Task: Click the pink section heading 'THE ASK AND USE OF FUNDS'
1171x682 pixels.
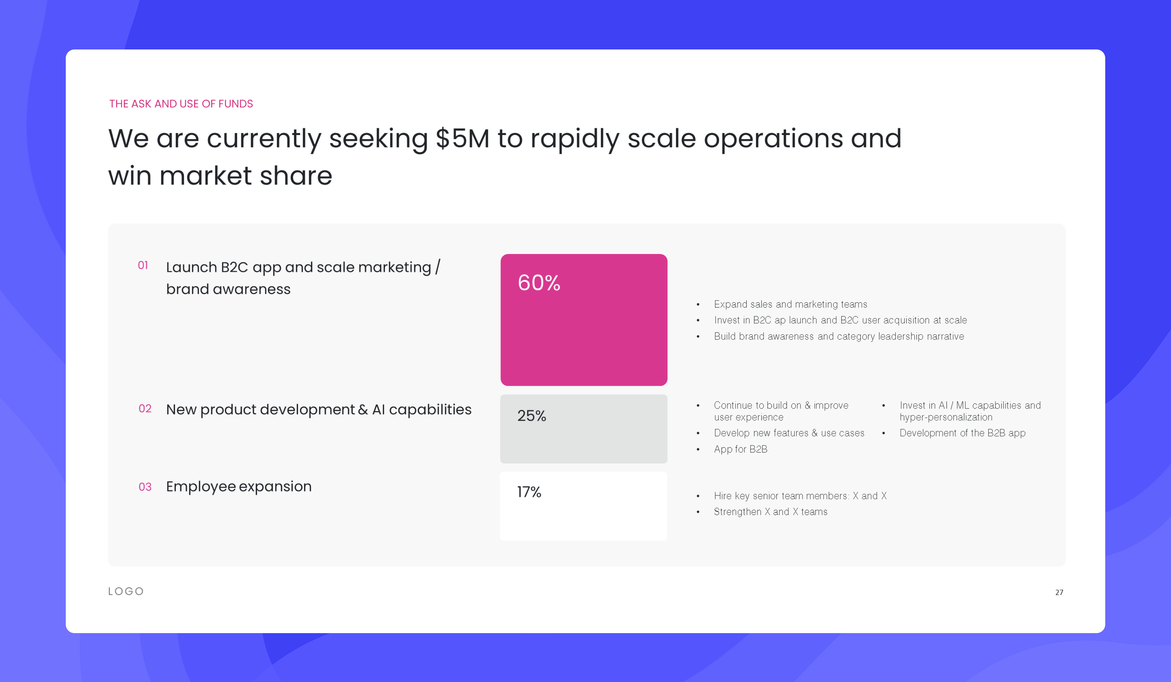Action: click(181, 104)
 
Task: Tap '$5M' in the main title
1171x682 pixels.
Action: click(462, 138)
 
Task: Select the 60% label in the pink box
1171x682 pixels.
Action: click(539, 283)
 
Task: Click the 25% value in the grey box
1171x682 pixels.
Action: click(532, 416)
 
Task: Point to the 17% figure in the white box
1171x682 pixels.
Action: click(529, 492)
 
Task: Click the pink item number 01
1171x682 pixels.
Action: click(143, 265)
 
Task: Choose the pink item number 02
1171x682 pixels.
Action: click(145, 409)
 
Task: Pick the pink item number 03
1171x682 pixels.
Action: click(145, 487)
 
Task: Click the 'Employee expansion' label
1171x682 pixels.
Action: click(239, 487)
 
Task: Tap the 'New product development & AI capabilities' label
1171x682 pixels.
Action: click(319, 409)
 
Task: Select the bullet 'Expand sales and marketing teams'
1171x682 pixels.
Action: click(790, 304)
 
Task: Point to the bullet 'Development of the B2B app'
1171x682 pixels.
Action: click(962, 433)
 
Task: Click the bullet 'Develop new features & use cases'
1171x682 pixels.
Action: click(789, 433)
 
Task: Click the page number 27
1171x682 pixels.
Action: click(1059, 592)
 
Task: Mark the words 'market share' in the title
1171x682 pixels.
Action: click(246, 176)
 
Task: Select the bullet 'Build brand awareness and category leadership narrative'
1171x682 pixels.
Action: click(839, 336)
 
